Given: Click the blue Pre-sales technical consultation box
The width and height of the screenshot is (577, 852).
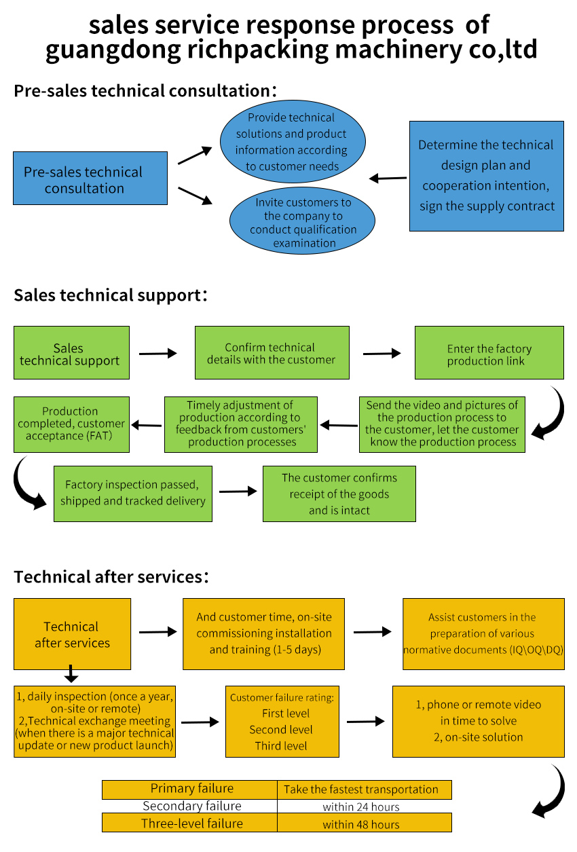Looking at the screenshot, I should pos(90,179).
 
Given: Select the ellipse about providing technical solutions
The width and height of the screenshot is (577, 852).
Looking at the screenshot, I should pos(293,141).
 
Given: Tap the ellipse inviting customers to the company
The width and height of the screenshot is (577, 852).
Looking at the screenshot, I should pos(303,223).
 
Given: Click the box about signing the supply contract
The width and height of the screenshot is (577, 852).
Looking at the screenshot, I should pos(486,176).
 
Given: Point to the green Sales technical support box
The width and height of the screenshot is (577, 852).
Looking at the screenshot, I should pos(71,353).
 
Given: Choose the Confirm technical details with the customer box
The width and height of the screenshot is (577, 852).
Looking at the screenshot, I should pos(272,353).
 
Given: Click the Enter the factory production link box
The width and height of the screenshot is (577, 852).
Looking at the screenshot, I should pos(489,353).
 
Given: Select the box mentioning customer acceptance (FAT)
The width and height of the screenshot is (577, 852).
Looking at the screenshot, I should pos(71,424).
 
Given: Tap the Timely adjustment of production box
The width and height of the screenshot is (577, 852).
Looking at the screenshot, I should pos(241,424).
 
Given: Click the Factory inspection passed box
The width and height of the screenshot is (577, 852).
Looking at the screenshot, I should pos(133,494).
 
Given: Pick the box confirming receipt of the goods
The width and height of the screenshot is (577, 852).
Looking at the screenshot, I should pos(339,494).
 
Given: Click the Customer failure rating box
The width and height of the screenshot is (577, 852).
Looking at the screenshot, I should pos(282,721).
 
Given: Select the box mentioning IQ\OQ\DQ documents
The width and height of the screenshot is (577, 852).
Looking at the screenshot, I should pos(483,633).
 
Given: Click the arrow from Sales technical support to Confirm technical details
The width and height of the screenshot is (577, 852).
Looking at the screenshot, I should pos(157,354).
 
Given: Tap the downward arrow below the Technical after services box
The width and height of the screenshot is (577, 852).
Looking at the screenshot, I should pos(71,675).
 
